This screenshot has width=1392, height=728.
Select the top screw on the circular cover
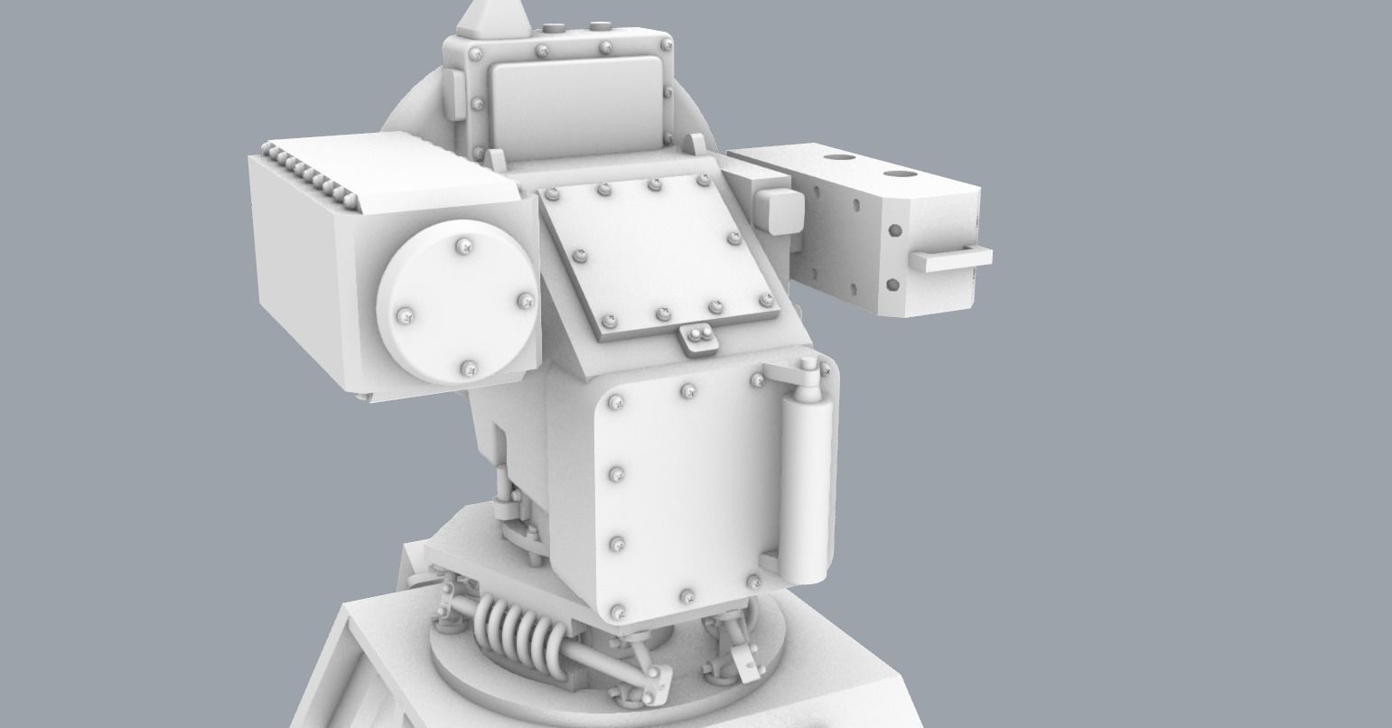(464, 244)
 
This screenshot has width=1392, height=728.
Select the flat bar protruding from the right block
(950, 259)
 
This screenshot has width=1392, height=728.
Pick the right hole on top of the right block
(900, 173)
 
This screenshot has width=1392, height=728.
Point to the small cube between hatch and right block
(777, 209)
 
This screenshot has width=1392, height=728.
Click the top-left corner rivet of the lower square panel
(618, 400)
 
